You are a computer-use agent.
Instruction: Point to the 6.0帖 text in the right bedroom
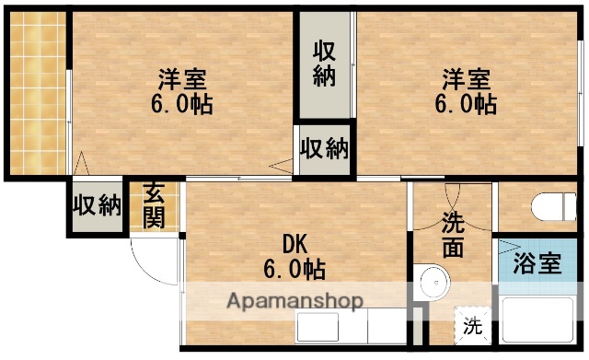465,104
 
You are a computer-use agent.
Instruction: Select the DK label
294,244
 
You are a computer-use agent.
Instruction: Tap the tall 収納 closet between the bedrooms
323,64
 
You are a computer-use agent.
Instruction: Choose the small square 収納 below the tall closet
325,147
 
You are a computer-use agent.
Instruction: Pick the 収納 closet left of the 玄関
98,204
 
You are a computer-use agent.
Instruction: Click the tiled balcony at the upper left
39,92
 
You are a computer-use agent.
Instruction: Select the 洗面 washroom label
453,235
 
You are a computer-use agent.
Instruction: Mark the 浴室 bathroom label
537,263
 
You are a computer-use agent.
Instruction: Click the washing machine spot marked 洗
472,324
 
